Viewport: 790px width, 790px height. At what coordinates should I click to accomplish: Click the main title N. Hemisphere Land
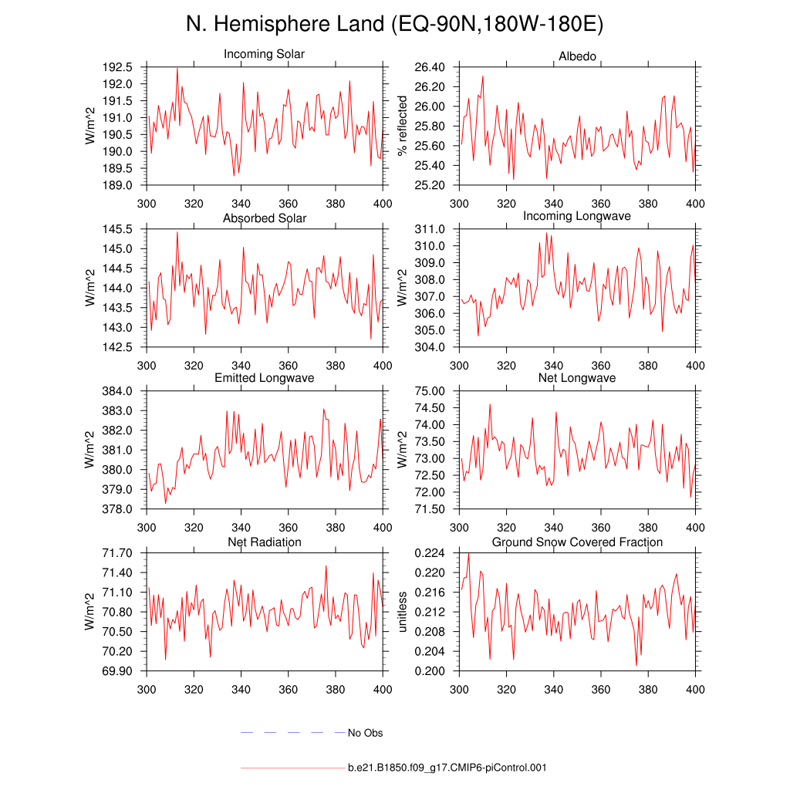(x=394, y=24)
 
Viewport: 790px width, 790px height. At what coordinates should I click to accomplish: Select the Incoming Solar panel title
(x=264, y=55)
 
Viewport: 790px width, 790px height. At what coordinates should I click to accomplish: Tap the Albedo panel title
(x=577, y=57)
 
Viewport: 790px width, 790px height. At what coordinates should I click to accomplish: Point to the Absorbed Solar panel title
(x=264, y=218)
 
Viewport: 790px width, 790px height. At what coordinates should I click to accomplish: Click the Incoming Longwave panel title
(x=577, y=216)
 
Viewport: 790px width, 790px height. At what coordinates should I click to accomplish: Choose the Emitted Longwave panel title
(x=264, y=378)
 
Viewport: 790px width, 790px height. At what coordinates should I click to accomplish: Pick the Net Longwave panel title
(x=577, y=378)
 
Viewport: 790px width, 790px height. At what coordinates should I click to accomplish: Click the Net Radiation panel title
(x=264, y=542)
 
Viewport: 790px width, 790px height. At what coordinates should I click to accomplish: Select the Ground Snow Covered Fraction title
(x=577, y=542)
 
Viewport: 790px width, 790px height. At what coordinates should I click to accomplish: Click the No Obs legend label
(x=365, y=733)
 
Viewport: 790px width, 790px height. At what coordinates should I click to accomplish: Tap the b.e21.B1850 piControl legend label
(x=447, y=768)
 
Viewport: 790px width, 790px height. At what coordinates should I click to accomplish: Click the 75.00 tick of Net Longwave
(x=430, y=391)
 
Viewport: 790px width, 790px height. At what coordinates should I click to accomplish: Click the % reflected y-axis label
(x=402, y=126)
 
